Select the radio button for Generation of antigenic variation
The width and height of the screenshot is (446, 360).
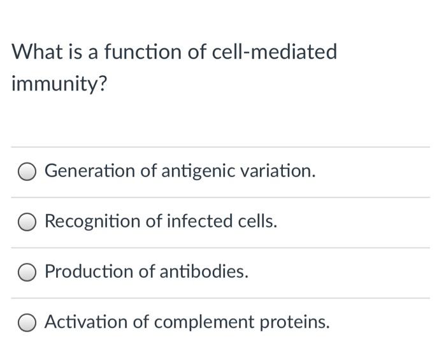click(27, 171)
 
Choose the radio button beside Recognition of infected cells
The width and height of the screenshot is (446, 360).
click(27, 222)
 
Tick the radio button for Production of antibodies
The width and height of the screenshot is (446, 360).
click(27, 272)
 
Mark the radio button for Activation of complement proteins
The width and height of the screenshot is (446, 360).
click(27, 322)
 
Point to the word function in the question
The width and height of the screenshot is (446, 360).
click(143, 52)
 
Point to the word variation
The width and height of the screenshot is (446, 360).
click(280, 171)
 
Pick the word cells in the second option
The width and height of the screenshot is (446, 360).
click(257, 221)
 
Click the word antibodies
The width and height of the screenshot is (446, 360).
click(203, 271)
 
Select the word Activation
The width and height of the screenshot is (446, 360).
click(86, 322)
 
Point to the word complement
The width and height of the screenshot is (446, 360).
click(206, 322)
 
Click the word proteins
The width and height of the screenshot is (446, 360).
click(294, 322)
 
